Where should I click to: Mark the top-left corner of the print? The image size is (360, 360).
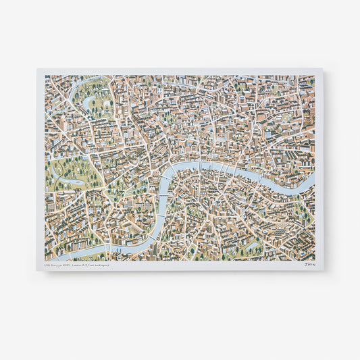point(38,68)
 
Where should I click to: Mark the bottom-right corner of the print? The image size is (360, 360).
point(323,271)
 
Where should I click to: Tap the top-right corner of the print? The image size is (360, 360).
point(323,68)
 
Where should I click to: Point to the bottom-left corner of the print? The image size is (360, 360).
point(38,271)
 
